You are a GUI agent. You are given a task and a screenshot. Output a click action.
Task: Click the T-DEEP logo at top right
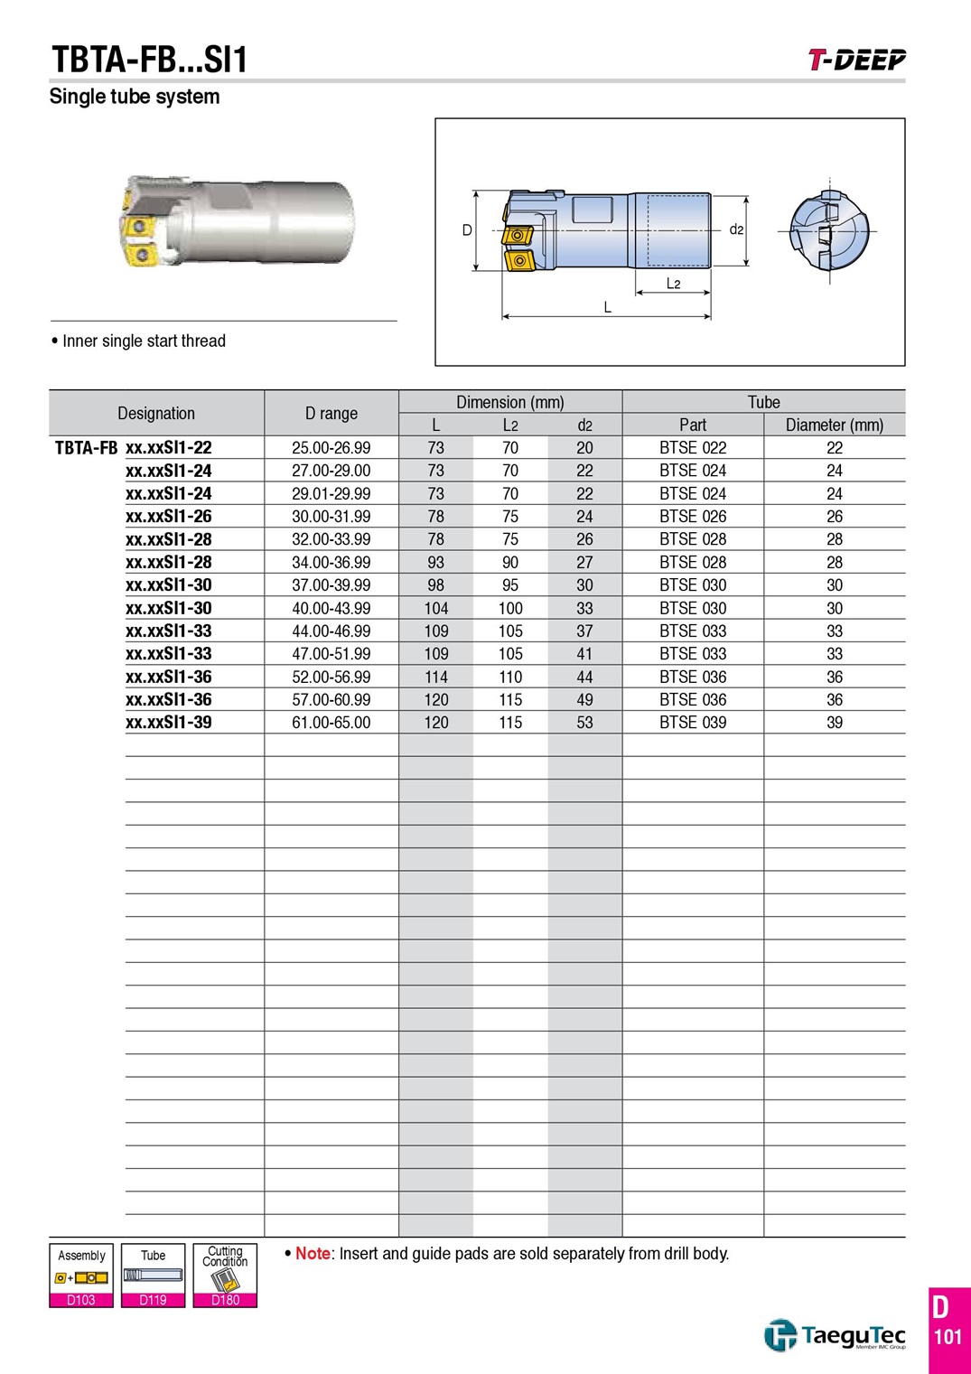pos(856,61)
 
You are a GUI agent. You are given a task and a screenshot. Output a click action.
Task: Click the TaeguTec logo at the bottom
pos(835,1335)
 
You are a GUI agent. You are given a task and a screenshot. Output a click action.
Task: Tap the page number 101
pos(948,1336)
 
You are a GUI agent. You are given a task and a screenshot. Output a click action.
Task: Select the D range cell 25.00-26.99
pos(331,448)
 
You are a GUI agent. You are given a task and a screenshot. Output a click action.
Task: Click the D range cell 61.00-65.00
pos(331,723)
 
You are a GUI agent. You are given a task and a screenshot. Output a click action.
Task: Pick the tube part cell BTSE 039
pos(693,723)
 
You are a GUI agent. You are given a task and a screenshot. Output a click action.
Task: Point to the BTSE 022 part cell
pos(693,448)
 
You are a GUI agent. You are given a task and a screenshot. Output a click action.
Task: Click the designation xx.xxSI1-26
pos(169,517)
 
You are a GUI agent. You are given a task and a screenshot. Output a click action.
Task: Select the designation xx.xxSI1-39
pos(169,723)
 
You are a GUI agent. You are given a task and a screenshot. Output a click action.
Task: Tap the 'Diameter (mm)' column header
pos(835,425)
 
